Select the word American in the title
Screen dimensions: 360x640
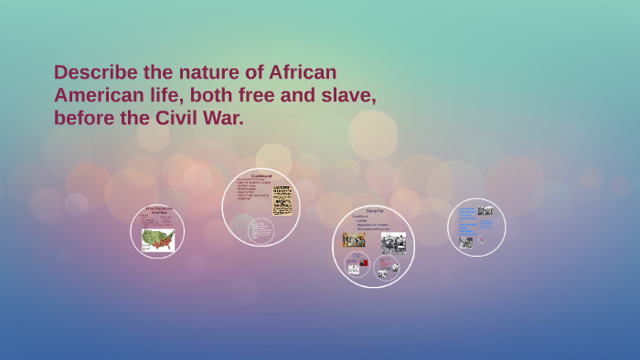98,95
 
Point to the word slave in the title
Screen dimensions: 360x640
346,95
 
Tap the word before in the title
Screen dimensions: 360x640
85,118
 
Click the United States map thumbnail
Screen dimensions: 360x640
157,240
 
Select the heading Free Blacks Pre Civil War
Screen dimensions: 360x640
158,211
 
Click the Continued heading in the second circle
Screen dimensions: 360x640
261,175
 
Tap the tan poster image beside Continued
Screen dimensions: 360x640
283,199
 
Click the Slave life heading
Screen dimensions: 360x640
374,211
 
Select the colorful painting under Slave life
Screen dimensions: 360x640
353,239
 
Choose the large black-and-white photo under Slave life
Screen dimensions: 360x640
393,242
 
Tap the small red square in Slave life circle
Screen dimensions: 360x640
363,262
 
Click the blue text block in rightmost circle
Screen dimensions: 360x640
466,220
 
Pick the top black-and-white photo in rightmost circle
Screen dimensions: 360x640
485,211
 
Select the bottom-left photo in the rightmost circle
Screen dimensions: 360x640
466,242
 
